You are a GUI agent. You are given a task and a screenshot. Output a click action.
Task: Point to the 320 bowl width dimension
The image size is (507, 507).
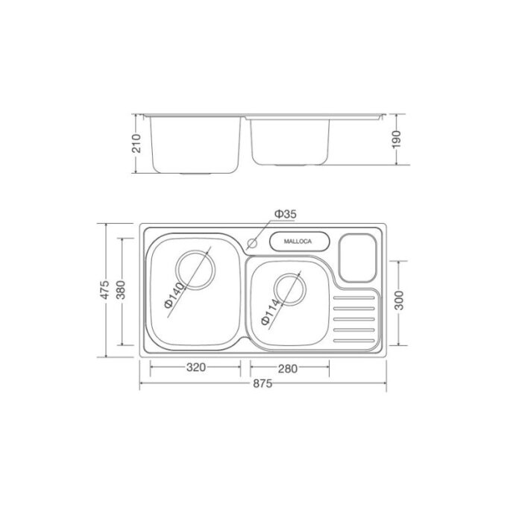click(x=195, y=367)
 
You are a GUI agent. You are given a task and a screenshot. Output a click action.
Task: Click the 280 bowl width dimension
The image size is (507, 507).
click(x=289, y=367)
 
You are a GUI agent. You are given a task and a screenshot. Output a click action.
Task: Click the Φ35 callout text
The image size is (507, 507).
click(x=285, y=215)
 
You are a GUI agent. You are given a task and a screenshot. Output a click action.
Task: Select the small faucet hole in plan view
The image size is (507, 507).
click(x=252, y=243)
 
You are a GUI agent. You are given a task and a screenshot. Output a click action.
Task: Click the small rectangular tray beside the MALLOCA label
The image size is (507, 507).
click(x=356, y=256)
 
